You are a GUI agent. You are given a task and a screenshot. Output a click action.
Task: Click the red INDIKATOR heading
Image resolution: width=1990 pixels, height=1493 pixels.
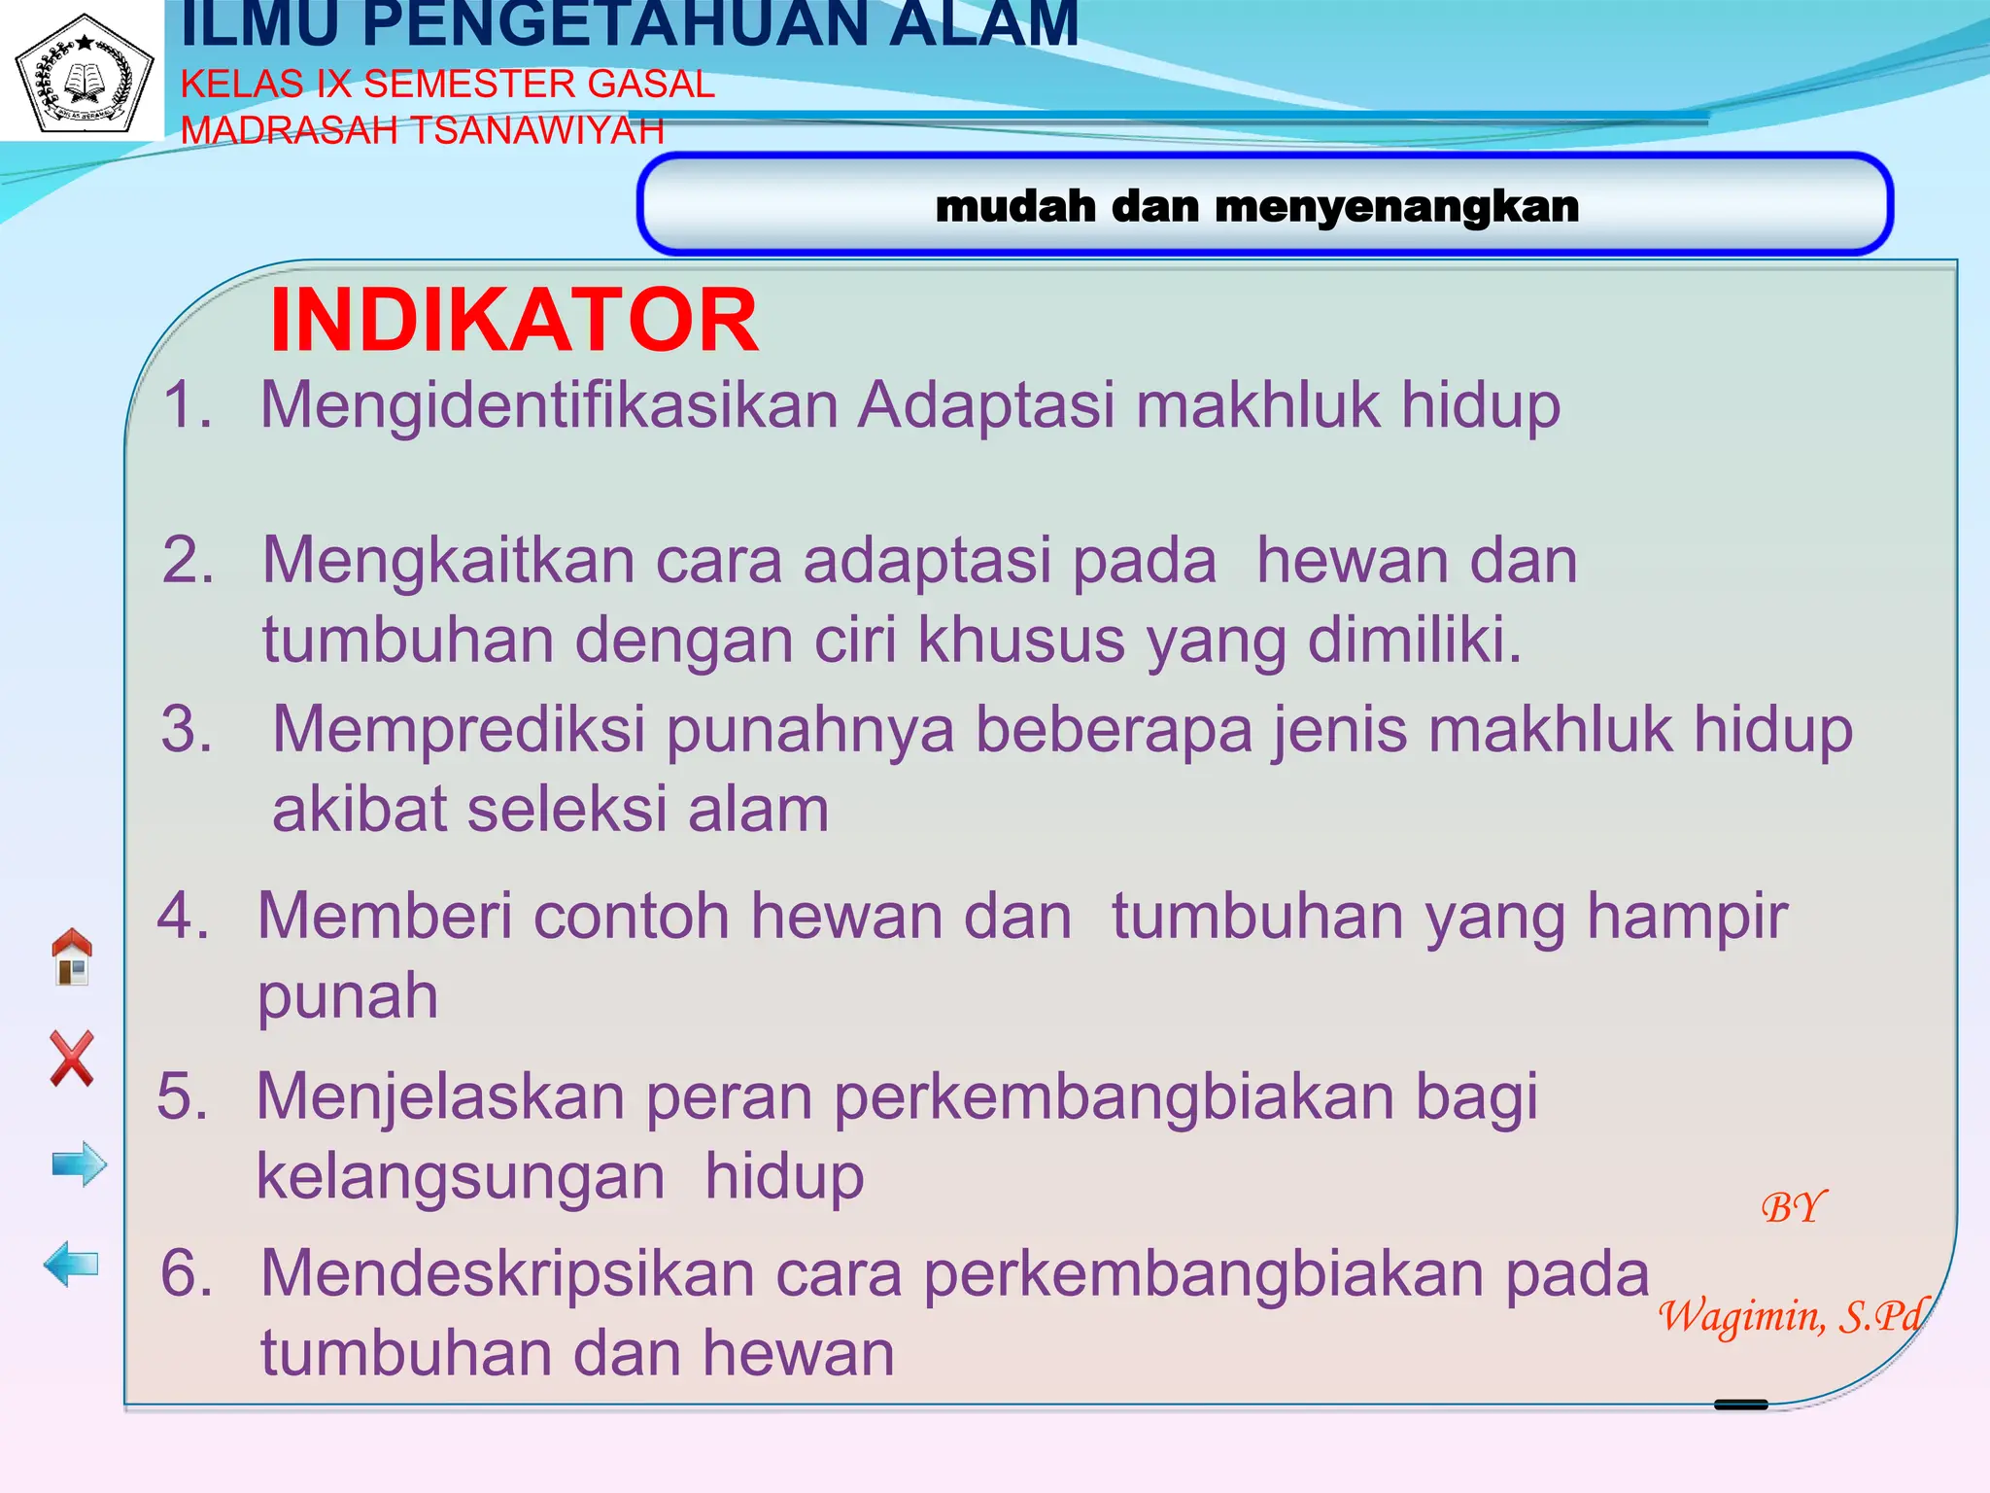(x=513, y=321)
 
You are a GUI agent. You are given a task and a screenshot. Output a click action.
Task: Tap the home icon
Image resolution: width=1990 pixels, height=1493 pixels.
(x=72, y=956)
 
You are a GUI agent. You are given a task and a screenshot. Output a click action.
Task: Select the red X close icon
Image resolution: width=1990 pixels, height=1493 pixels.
(x=72, y=1059)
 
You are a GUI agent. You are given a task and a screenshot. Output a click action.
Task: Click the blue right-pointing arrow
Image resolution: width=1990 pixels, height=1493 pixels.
(x=79, y=1163)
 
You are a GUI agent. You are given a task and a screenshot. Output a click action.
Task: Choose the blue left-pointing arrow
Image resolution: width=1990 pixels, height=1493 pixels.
(x=72, y=1264)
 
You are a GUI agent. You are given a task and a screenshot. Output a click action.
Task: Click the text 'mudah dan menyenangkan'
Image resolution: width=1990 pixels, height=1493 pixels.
(x=1256, y=206)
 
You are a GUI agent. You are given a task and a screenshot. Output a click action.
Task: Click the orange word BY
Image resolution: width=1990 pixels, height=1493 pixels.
(x=1793, y=1207)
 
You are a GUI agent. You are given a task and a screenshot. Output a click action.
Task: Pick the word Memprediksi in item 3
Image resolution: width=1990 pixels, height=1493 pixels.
(x=459, y=729)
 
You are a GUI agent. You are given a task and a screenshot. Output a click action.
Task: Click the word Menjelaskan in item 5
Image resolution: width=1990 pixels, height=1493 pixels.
(x=440, y=1096)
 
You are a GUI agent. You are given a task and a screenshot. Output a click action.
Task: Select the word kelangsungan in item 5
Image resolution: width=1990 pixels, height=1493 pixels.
(x=461, y=1176)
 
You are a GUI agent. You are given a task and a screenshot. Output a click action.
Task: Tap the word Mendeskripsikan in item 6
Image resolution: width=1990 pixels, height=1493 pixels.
(x=507, y=1272)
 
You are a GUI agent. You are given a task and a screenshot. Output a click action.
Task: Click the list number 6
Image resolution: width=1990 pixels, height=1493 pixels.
(x=187, y=1272)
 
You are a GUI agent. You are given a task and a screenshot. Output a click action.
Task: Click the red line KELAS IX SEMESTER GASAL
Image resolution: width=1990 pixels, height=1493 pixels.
(x=447, y=85)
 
